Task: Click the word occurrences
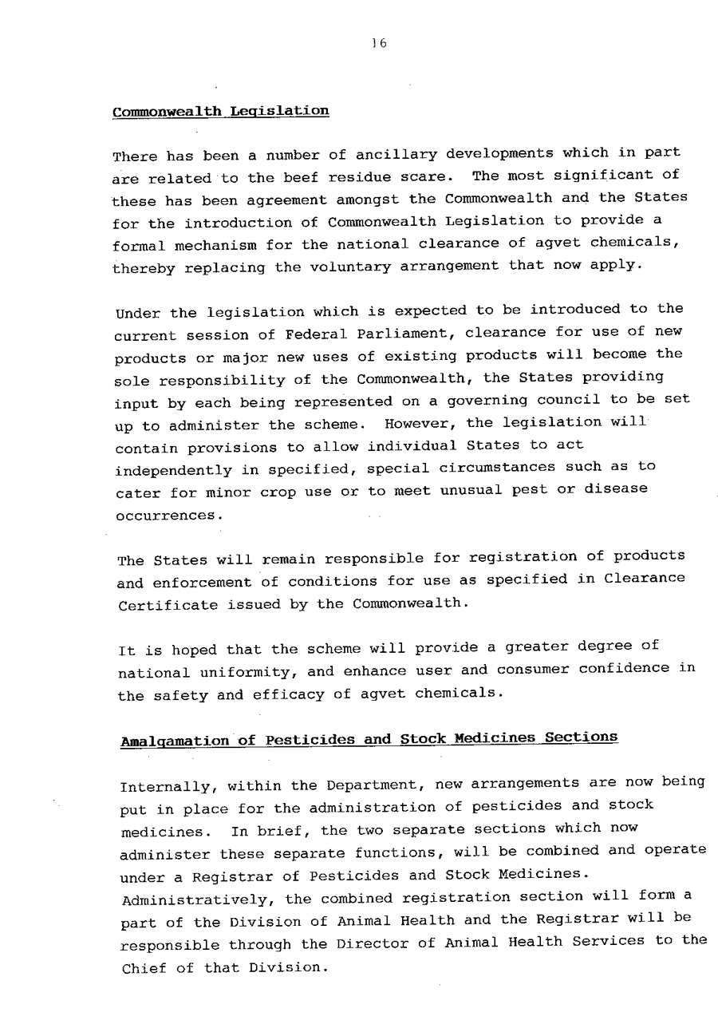[x=167, y=516]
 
